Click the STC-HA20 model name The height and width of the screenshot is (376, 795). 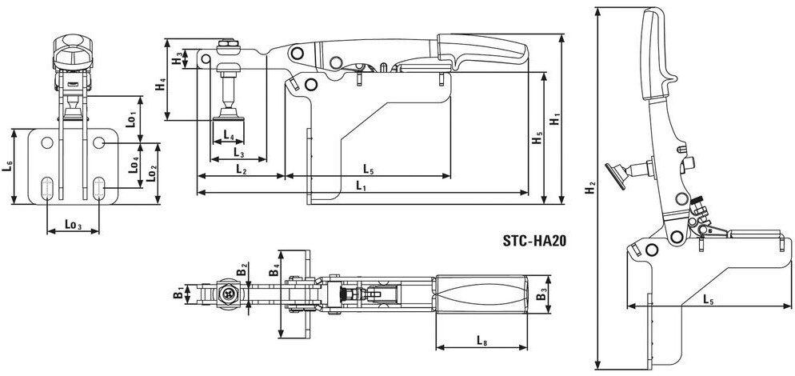(534, 241)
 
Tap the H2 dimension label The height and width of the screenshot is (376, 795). (589, 188)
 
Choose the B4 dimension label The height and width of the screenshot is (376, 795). (274, 269)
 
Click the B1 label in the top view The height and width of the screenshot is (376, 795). (179, 294)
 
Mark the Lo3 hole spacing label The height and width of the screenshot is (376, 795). (73, 224)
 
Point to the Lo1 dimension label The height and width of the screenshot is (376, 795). (131, 119)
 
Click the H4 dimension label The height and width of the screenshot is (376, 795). (160, 84)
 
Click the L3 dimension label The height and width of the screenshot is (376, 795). (239, 152)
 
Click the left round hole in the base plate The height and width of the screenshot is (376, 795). (47, 143)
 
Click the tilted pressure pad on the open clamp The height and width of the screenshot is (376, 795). (616, 176)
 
